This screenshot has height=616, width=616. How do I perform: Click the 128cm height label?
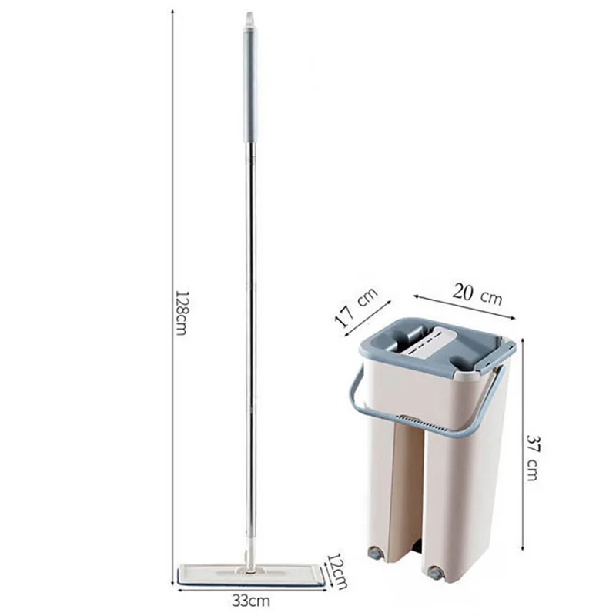tap(181, 312)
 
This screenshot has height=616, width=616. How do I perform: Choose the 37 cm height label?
tap(531, 457)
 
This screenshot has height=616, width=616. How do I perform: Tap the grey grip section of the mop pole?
tap(249, 85)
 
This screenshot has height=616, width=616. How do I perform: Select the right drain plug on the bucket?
tap(436, 573)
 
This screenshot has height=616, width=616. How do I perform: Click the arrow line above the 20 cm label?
tap(462, 305)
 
